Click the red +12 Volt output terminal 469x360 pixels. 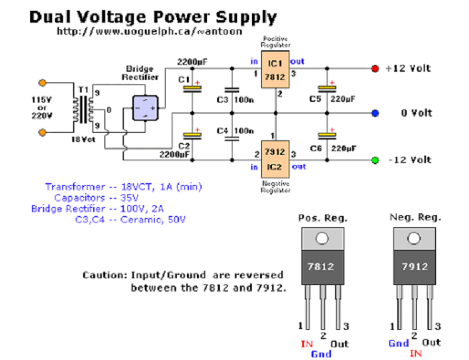[375, 69]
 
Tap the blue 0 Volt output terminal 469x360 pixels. [375, 113]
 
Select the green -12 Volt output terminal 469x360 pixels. [375, 160]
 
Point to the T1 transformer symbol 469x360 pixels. [85, 107]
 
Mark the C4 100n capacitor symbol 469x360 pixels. [232, 139]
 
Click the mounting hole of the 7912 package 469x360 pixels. [415, 238]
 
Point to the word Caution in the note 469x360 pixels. [103, 275]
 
